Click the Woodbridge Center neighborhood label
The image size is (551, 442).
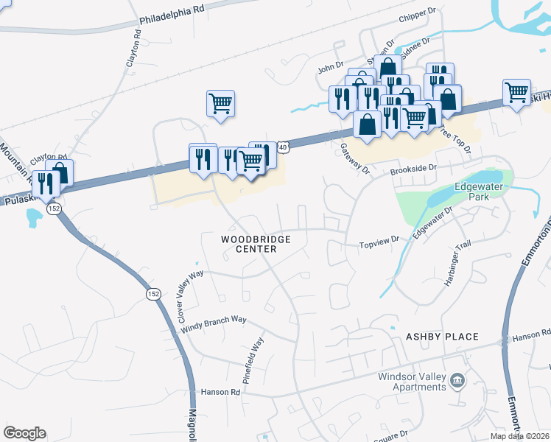(256, 244)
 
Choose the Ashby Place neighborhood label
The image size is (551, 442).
(442, 337)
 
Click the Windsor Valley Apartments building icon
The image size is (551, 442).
(457, 380)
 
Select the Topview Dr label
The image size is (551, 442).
(379, 240)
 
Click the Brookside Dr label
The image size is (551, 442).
(413, 169)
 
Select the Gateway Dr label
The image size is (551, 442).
(354, 157)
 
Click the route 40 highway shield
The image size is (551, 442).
(284, 148)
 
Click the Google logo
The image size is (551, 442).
(24, 433)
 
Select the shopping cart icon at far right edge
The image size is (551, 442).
(517, 92)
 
